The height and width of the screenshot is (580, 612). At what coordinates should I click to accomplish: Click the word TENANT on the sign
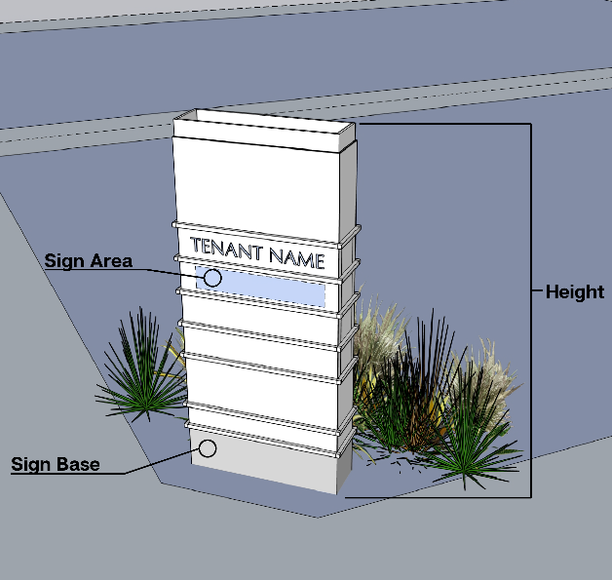pos(226,250)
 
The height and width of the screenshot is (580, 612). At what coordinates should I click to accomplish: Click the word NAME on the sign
pos(296,258)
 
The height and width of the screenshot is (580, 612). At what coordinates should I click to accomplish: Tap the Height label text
pos(574,291)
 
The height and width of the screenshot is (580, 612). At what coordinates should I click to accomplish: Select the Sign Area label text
pos(89,261)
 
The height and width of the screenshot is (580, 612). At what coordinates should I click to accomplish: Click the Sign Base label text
pos(55,464)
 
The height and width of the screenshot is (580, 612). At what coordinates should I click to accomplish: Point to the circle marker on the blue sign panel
pos(212,278)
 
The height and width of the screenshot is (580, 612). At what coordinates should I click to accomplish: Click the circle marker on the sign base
pos(207,448)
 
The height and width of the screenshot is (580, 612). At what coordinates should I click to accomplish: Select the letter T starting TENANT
pos(197,244)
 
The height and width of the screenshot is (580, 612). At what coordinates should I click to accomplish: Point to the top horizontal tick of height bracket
pos(443,125)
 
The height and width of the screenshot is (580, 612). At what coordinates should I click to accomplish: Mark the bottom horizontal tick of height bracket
pos(439,498)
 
